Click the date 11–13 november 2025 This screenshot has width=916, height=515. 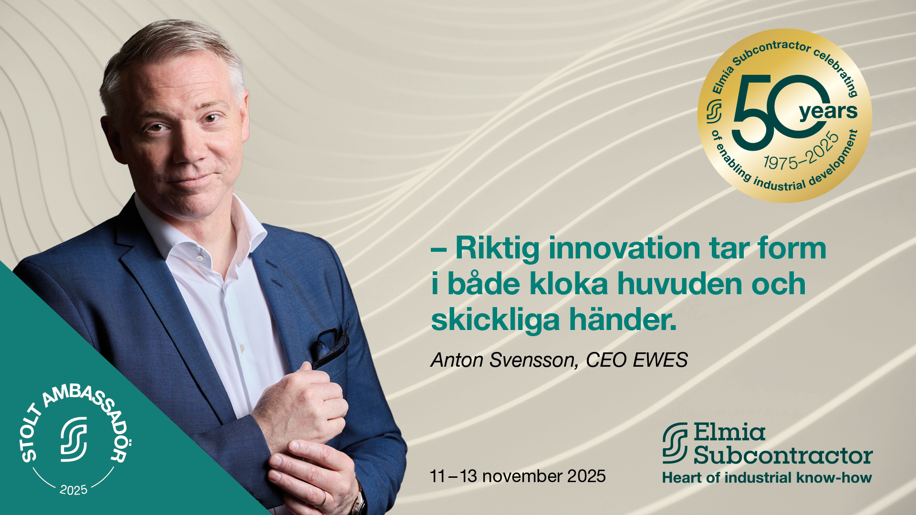click(x=518, y=476)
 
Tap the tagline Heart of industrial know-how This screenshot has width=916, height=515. click(x=767, y=477)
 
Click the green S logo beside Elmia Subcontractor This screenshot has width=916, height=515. click(x=675, y=443)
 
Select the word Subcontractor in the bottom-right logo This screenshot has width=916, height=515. click(x=783, y=455)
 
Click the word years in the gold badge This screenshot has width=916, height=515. click(x=828, y=112)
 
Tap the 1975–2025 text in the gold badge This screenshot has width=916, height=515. click(x=801, y=152)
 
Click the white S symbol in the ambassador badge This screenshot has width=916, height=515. click(x=74, y=439)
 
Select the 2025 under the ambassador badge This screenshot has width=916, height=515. click(x=73, y=490)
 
